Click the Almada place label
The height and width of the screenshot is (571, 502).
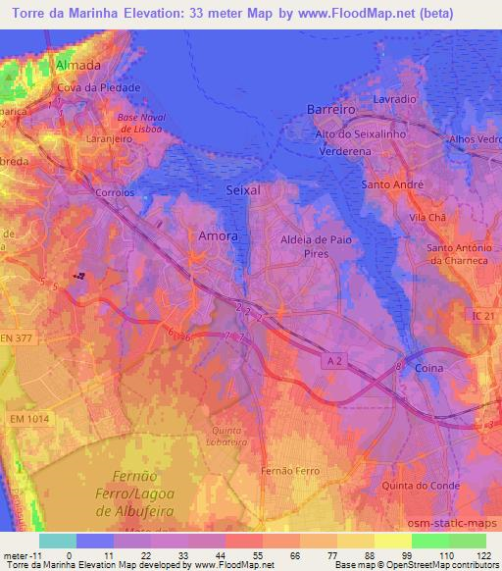(x=79, y=65)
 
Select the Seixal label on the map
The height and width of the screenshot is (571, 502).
(x=243, y=190)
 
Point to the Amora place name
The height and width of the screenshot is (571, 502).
(x=218, y=235)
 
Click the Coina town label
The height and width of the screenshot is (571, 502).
(x=428, y=368)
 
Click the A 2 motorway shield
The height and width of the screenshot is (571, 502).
(x=334, y=362)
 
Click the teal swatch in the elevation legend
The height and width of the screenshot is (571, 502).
(x=58, y=541)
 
